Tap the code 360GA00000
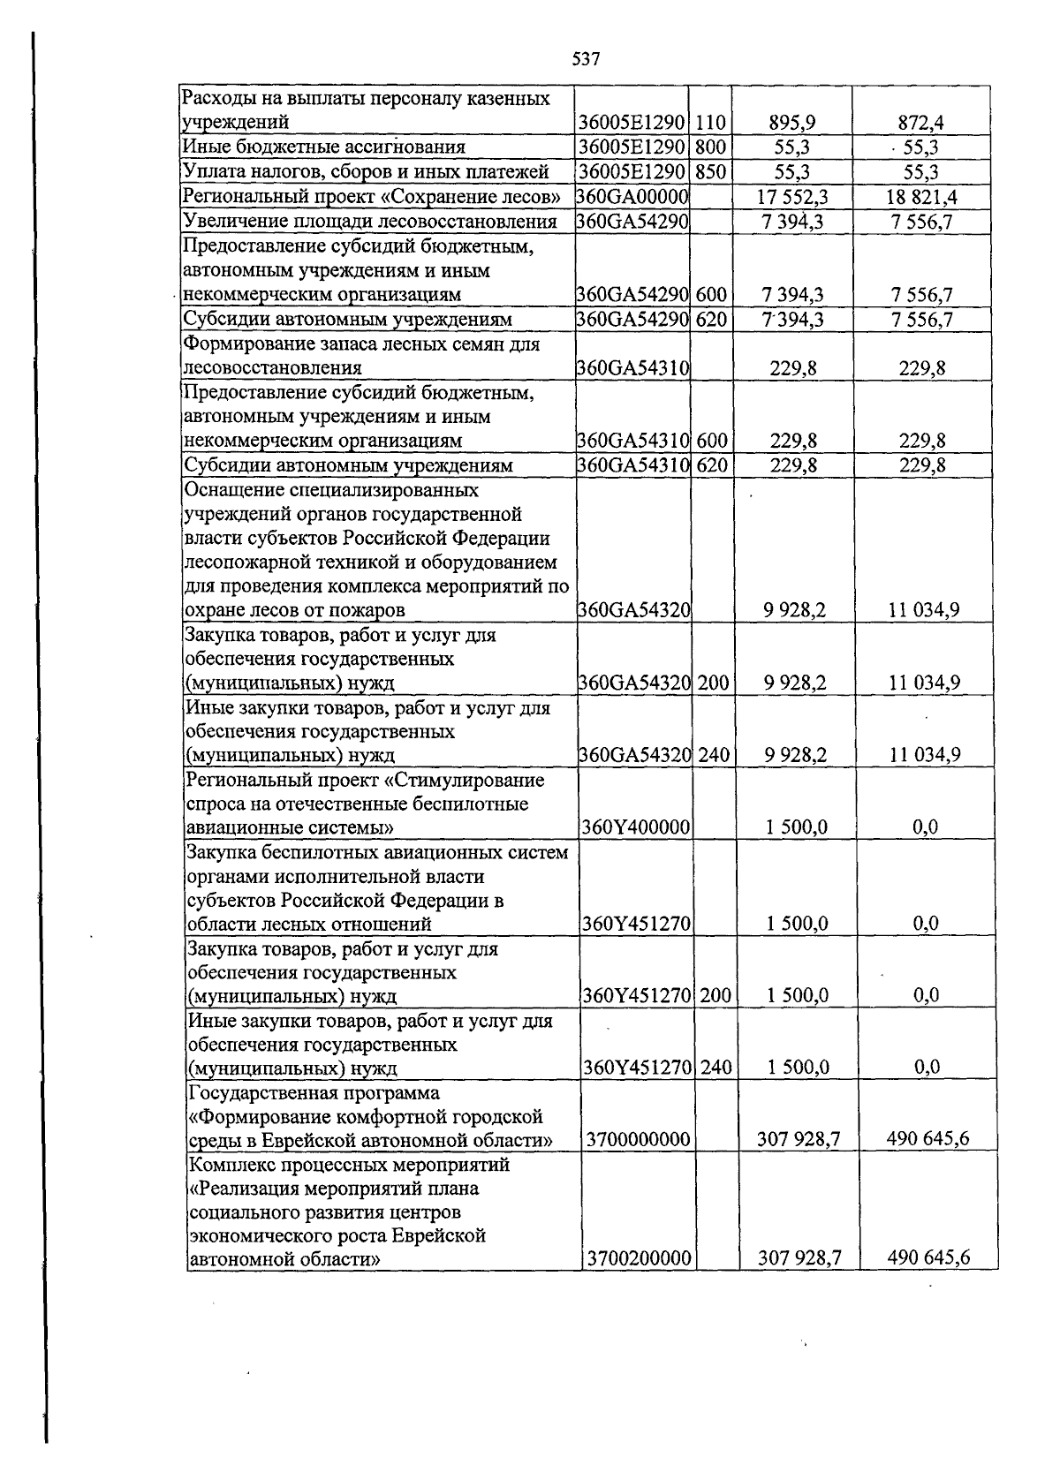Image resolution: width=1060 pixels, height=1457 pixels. (x=632, y=197)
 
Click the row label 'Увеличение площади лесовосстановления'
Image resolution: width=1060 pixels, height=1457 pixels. (x=369, y=222)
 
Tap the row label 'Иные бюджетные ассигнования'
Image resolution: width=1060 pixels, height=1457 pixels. (x=323, y=147)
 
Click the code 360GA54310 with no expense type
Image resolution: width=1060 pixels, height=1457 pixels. (x=632, y=368)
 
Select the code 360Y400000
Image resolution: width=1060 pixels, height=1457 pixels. (x=636, y=827)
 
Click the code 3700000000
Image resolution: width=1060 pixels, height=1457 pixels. (x=638, y=1140)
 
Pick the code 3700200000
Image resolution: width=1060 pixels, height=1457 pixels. (x=638, y=1257)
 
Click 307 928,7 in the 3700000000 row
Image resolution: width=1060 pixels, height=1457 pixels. (x=798, y=1140)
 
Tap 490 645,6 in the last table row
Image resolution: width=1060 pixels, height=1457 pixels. (x=927, y=1257)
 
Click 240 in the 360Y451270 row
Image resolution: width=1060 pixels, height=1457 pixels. (x=716, y=1068)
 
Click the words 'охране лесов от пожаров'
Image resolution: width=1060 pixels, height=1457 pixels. (x=294, y=610)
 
